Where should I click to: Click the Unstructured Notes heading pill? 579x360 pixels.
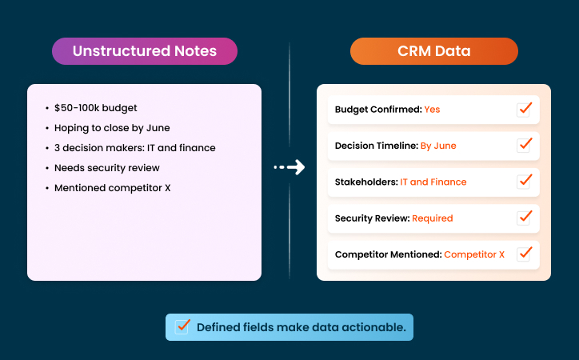coord(145,51)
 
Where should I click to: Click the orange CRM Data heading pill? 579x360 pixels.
coord(433,51)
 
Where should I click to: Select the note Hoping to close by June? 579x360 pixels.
coord(112,128)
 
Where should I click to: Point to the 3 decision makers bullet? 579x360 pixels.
coord(134,148)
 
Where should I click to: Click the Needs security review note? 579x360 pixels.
coord(107,168)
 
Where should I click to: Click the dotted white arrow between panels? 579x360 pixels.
coord(289,167)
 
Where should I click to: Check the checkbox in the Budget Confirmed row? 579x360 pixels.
coord(524,109)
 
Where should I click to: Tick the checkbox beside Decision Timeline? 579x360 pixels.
coord(524,145)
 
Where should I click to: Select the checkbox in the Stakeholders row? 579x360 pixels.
coord(524,181)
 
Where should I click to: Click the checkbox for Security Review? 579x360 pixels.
coord(524,218)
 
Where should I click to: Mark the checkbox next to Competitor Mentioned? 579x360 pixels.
coord(524,254)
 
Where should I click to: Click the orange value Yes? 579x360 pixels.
coord(432,110)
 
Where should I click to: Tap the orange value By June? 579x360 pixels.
coord(438,146)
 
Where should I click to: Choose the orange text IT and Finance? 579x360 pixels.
coord(433,182)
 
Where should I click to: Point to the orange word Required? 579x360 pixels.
coord(433,218)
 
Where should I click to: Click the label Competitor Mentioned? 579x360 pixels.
coord(387,254)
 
